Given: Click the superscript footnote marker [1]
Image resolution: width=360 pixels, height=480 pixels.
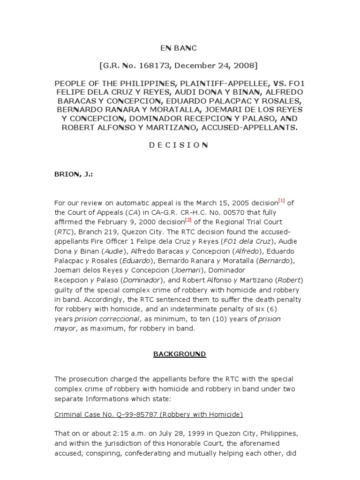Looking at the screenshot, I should click(x=281, y=201).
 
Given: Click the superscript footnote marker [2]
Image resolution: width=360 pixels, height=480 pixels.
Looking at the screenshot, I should click(x=188, y=219).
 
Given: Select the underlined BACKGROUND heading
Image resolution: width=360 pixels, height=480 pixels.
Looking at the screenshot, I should click(x=180, y=354).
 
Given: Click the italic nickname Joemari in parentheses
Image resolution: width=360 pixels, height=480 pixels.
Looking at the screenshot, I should click(x=172, y=270).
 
